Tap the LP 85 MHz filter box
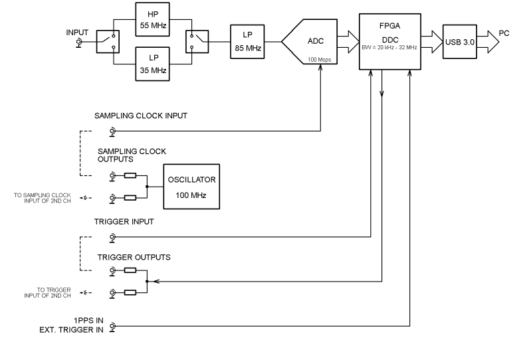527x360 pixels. [x=247, y=43]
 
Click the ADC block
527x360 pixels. [x=312, y=43]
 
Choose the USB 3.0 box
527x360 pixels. [x=460, y=43]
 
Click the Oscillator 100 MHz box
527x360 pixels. [x=191, y=187]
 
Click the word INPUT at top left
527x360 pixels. [x=77, y=32]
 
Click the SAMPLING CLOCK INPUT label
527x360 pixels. [x=140, y=116]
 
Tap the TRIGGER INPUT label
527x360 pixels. [x=124, y=222]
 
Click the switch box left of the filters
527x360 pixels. [x=108, y=43]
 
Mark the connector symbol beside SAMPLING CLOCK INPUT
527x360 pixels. [x=112, y=132]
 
